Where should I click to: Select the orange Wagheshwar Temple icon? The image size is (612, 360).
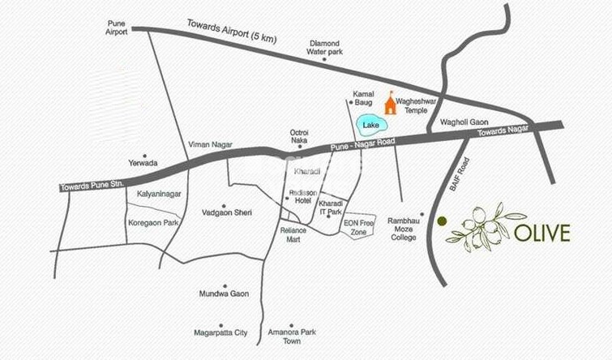[391, 103]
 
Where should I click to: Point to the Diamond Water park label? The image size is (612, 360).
[323, 47]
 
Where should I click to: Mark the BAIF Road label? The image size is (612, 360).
[460, 174]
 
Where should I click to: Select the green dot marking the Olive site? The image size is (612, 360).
[442, 221]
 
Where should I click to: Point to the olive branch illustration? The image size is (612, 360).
[485, 228]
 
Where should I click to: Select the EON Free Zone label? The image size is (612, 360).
[361, 226]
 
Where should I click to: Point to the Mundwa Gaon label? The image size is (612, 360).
[224, 294]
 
